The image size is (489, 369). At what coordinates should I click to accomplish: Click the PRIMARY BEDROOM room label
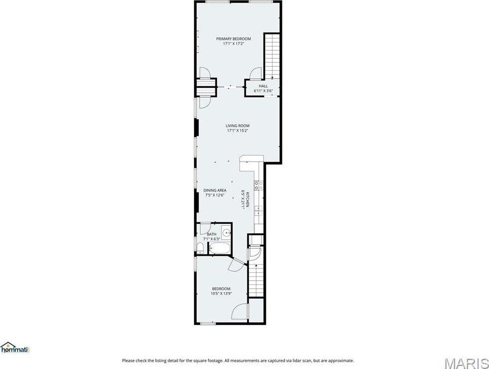pyautogui.click(x=234, y=39)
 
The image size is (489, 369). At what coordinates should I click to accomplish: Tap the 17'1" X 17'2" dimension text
pyautogui.click(x=234, y=44)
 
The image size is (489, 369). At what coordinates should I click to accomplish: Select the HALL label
pyautogui.click(x=263, y=86)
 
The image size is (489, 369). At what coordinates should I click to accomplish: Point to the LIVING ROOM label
pyautogui.click(x=238, y=126)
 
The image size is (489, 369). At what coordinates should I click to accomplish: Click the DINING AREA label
pyautogui.click(x=215, y=190)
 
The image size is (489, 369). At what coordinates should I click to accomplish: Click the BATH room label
pyautogui.click(x=212, y=234)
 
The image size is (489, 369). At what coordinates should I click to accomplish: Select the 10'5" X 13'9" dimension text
pyautogui.click(x=221, y=294)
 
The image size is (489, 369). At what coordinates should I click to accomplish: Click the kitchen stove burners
pyautogui.click(x=258, y=185)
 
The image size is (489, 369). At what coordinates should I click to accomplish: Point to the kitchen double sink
pyautogui.click(x=258, y=210)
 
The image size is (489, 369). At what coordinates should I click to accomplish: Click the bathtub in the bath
pyautogui.click(x=220, y=248)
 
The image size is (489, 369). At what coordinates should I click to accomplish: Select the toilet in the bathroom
pyautogui.click(x=200, y=248)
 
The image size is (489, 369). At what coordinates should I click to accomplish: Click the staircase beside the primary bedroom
pyautogui.click(x=272, y=56)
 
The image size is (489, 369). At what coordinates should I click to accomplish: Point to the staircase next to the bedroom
pyautogui.click(x=256, y=280)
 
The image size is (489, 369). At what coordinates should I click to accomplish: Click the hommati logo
pyautogui.click(x=14, y=348)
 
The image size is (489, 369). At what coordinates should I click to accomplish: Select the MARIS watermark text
pyautogui.click(x=467, y=364)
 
